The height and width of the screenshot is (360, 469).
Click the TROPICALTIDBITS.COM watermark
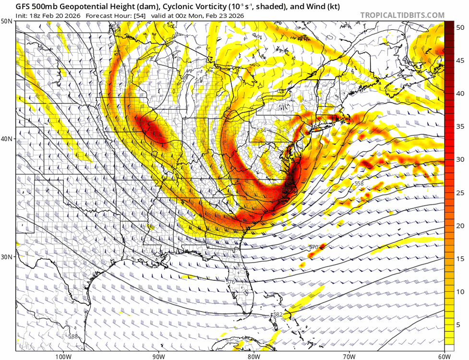tap(402, 15)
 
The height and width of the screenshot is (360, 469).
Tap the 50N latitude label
tap(7, 22)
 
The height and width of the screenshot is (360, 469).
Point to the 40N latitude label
tap(7, 139)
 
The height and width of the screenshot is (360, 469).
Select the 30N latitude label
tap(7, 257)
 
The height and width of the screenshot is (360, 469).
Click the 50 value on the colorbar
tap(460, 28)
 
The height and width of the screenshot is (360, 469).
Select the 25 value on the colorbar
tap(460, 192)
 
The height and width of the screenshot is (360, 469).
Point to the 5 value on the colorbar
tap(460, 324)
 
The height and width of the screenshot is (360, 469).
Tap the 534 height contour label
tap(261, 130)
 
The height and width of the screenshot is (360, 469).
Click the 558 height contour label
tap(359, 184)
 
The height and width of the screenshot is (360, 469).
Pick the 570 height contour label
tap(313, 247)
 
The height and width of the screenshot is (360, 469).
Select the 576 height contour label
tap(230, 282)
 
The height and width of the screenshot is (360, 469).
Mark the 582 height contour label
tap(277, 314)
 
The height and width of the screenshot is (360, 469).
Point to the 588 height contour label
tap(72, 336)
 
